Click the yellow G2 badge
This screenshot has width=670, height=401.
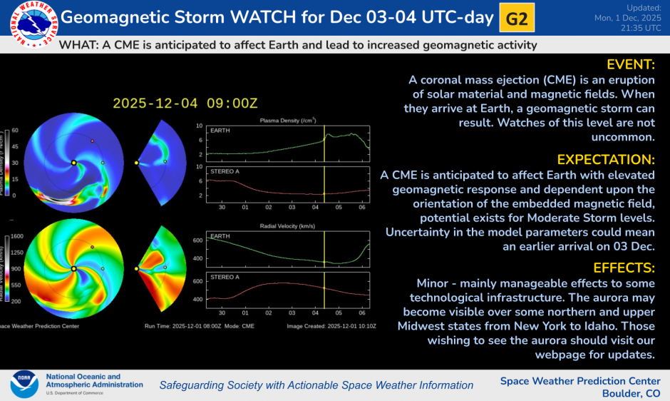517,19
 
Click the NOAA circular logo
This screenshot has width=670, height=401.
24,384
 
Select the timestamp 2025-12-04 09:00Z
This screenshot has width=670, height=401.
185,103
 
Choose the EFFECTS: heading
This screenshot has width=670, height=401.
622,268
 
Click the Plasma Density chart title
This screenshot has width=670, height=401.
288,120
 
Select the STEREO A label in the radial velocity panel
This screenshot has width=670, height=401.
222,275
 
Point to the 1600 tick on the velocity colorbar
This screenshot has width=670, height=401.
17,236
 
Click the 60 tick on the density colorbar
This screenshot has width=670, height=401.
15,131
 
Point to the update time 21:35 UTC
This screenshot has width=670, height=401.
641,29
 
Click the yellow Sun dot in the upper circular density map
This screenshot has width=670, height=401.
73,163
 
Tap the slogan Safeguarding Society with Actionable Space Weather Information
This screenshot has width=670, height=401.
316,385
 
